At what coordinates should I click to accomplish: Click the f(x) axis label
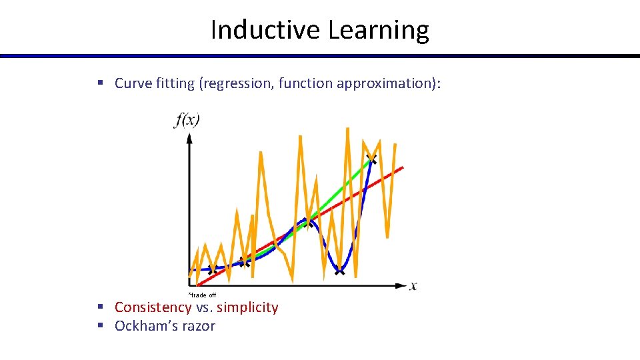[x=187, y=121]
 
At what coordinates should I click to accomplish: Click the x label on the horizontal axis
[x=413, y=286]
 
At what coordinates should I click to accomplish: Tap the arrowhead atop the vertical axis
[x=189, y=137]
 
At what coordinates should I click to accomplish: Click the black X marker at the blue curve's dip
[x=340, y=271]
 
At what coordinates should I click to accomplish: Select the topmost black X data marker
[x=371, y=159]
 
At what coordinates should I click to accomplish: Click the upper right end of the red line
[x=402, y=167]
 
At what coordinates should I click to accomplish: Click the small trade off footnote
[x=202, y=295]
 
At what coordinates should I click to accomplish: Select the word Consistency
[x=153, y=307]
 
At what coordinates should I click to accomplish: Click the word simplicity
[x=247, y=307]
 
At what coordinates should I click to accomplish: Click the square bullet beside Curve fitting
[x=100, y=83]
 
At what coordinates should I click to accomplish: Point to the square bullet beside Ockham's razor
[x=100, y=325]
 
